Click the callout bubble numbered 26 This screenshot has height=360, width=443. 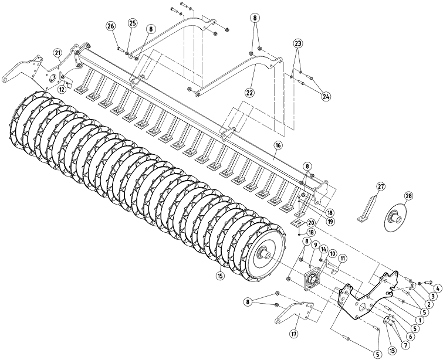point(111,26)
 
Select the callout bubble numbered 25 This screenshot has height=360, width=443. point(132,23)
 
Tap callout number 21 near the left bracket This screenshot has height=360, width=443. point(58,53)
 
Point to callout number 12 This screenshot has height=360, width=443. point(62,90)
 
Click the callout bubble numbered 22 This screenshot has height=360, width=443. point(250,92)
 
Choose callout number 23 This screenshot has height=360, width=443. point(298,43)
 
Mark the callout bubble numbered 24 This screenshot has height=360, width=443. point(326,96)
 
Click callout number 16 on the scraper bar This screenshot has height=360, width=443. point(278,145)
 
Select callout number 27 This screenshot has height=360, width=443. point(381,186)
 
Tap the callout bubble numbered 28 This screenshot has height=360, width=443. point(408,195)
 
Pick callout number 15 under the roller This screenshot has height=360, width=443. point(220,276)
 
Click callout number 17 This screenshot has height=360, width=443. point(294,334)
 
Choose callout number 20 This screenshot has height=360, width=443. point(312,222)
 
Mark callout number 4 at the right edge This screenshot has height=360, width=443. point(438,288)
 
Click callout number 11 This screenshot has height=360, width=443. point(343,258)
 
